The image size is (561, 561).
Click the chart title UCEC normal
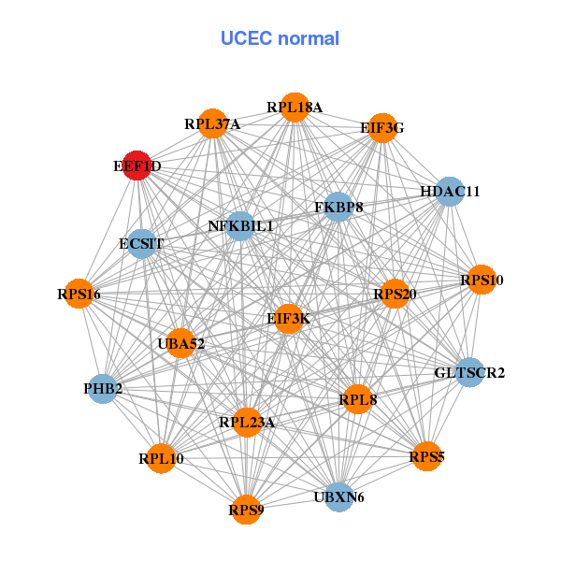coord(280,38)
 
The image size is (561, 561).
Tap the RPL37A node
coord(213,123)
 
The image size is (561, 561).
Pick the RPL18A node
coord(295,107)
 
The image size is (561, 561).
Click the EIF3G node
coord(381,128)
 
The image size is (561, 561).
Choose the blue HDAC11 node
coord(450,191)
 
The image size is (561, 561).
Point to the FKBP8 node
coord(338,206)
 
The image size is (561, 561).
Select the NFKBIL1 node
coord(240,225)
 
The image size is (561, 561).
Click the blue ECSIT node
coord(141,244)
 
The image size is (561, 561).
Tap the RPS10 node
coord(481,280)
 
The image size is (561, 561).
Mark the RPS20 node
coord(395,294)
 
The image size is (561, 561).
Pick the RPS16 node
coord(79,295)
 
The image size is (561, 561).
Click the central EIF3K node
coord(289,319)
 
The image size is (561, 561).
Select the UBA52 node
coord(180,343)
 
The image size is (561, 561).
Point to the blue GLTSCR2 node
coord(469,372)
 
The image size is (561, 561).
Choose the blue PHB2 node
coord(102,388)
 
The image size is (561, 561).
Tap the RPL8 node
coord(357,399)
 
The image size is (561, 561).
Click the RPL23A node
coord(247,422)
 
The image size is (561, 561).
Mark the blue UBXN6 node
coord(338,496)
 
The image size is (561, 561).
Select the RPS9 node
coord(246,510)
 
